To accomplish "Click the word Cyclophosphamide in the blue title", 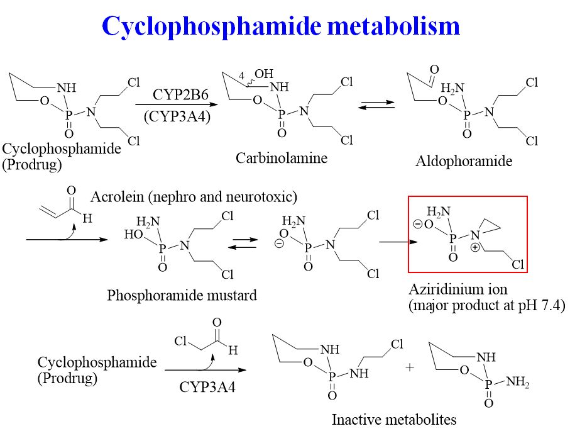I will coord(210,26).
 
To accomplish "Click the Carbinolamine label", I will coord(282,158).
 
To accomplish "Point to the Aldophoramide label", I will coord(464,161).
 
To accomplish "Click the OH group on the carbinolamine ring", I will coord(264,74).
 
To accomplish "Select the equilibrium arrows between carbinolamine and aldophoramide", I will coord(376,104).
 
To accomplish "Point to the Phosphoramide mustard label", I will coord(182,295).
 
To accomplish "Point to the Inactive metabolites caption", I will coord(394,419).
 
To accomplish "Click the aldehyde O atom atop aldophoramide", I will coord(434,69).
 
